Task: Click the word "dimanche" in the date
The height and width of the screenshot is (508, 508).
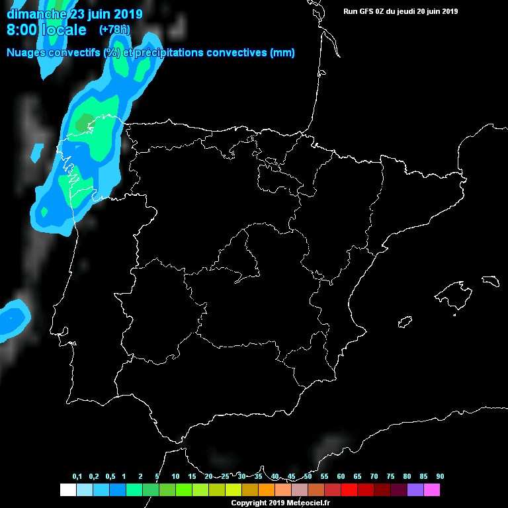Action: click(36, 13)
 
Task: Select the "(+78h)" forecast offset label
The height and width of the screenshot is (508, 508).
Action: click(114, 30)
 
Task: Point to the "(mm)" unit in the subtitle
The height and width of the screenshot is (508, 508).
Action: click(282, 53)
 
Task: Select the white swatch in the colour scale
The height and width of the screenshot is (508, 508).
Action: click(67, 490)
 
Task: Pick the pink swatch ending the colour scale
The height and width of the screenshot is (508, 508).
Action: click(432, 490)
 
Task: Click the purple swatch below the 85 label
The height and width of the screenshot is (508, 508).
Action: click(415, 490)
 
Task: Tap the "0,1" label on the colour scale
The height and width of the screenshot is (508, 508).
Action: click(77, 477)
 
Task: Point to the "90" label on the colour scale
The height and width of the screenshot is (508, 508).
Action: click(440, 477)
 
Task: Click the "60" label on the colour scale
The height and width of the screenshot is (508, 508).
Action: click(341, 477)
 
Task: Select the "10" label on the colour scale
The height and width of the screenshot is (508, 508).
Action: click(175, 477)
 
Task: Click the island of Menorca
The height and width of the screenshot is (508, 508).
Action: click(490, 281)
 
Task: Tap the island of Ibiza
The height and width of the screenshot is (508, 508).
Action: click(405, 321)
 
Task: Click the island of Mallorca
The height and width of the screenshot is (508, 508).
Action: click(455, 292)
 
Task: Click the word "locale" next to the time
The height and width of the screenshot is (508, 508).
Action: click(64, 30)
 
